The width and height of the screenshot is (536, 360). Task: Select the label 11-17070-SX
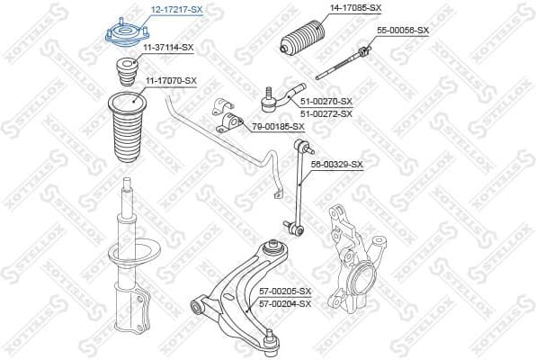[x=170, y=81]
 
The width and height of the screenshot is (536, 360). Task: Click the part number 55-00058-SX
[x=402, y=31]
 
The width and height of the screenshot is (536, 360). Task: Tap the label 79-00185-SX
[x=280, y=126]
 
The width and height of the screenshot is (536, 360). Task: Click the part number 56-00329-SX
[x=336, y=165]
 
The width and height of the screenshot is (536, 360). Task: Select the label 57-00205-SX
[x=284, y=292]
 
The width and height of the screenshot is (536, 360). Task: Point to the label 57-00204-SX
[x=284, y=303]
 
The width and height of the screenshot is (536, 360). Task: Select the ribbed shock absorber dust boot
[x=126, y=126]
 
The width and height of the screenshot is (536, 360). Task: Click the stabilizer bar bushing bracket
[x=226, y=116]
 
